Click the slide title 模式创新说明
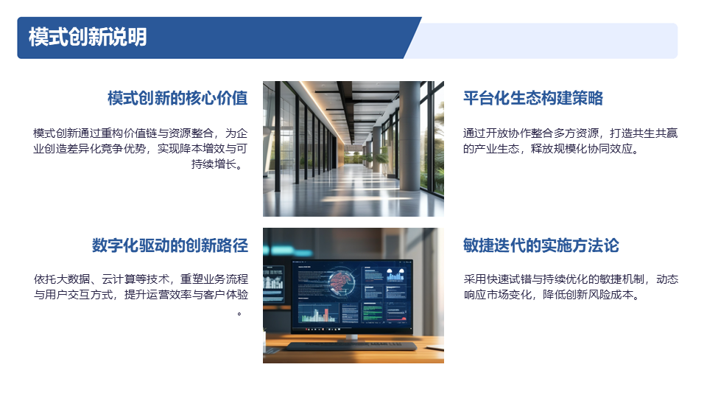(88, 37)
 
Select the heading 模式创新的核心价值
(177, 98)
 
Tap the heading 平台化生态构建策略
(533, 98)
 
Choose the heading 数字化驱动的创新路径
(170, 245)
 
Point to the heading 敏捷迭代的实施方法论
(541, 245)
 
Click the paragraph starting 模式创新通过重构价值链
(140, 148)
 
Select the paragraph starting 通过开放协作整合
(570, 141)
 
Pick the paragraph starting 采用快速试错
(571, 287)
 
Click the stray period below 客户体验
(239, 314)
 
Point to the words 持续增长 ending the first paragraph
(214, 164)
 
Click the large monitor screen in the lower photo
(352, 295)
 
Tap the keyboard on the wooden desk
(351, 346)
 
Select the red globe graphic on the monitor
(341, 282)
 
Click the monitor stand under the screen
(351, 337)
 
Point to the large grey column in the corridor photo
(409, 136)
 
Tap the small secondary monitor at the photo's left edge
(273, 283)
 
